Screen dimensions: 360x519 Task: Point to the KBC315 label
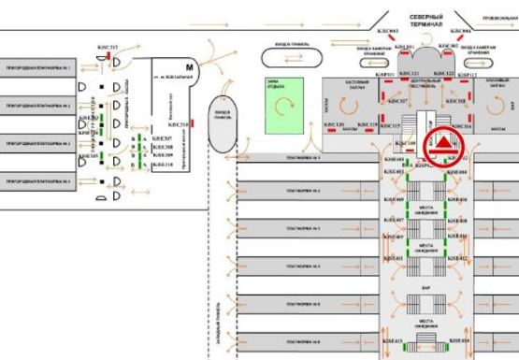(x=108, y=47)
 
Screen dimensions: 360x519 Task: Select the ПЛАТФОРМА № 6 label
(x=304, y=341)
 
